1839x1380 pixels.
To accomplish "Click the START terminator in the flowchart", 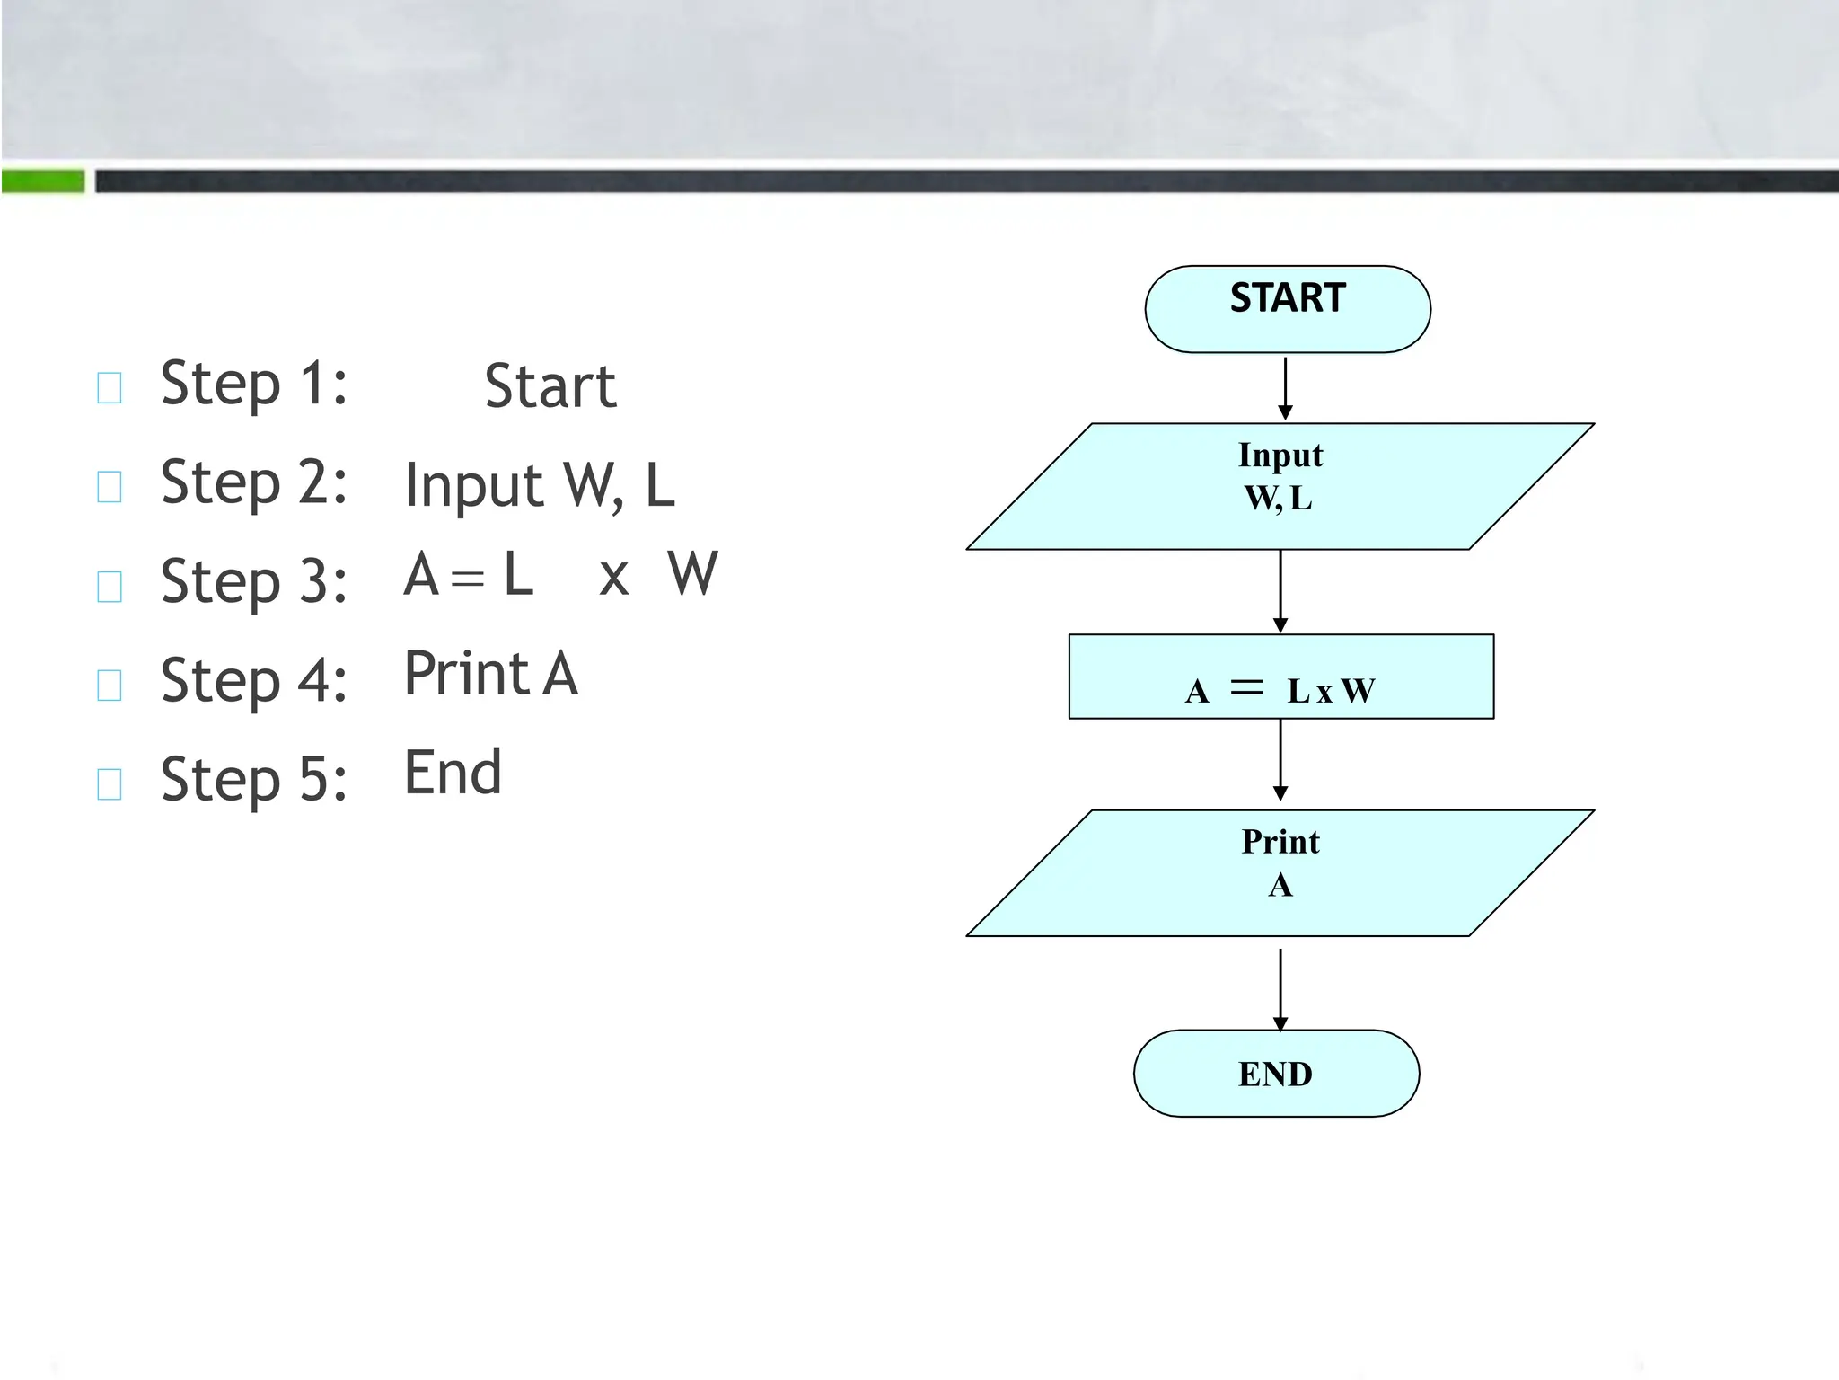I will pyautogui.click(x=1287, y=308).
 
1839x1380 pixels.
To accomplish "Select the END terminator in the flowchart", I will pyautogui.click(x=1276, y=1073).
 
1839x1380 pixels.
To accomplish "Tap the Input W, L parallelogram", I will pyautogui.click(x=1280, y=486).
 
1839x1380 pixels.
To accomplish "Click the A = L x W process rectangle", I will pyautogui.click(x=1280, y=677).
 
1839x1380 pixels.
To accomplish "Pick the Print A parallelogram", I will pyautogui.click(x=1280, y=872).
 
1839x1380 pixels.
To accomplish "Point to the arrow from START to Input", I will pyautogui.click(x=1285, y=387).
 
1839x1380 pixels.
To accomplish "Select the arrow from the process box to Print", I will pyautogui.click(x=1280, y=759).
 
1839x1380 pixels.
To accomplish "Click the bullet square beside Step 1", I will pyautogui.click(x=110, y=388).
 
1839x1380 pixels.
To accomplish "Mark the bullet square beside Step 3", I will pyautogui.click(x=110, y=586).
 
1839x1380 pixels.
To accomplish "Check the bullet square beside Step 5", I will pyautogui.click(x=110, y=783).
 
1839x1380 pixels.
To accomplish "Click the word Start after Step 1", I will pyautogui.click(x=550, y=386).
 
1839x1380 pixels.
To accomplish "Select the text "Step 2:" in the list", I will pyautogui.click(x=253, y=483).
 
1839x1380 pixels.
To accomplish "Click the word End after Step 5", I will pyautogui.click(x=453, y=773).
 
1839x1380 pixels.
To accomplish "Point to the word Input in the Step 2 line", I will pyautogui.click(x=473, y=486).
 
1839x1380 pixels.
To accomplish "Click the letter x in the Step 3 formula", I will pyautogui.click(x=613, y=578).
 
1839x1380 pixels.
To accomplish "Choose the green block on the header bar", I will pyautogui.click(x=43, y=181).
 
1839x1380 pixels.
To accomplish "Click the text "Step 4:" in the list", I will pyautogui.click(x=253, y=681).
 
